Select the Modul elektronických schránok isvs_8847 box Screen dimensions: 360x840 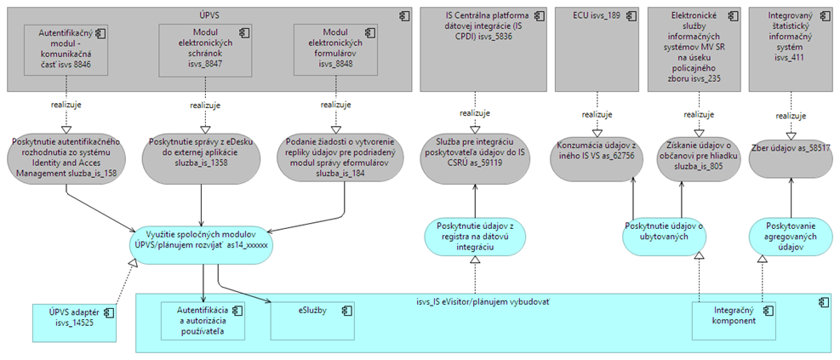coord(201,51)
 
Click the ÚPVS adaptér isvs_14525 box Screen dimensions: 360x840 coord(74,323)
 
